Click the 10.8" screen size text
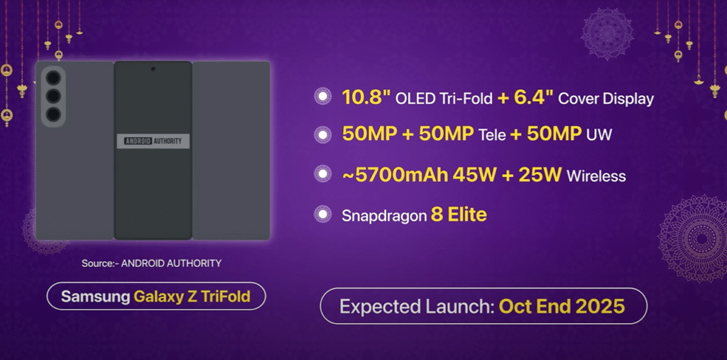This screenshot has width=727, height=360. click(366, 98)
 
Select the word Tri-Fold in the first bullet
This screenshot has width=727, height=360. click(469, 99)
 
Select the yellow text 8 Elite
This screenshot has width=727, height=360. click(459, 214)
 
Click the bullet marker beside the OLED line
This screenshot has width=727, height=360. click(323, 97)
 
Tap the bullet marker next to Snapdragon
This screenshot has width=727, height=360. click(323, 214)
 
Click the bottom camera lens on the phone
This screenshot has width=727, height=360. click(53, 114)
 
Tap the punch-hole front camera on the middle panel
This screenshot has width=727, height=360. click(153, 70)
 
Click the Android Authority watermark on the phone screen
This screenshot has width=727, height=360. click(153, 141)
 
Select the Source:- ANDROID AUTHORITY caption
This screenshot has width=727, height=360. click(151, 263)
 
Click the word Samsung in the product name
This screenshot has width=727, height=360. click(95, 296)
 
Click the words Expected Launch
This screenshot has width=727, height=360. click(416, 307)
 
